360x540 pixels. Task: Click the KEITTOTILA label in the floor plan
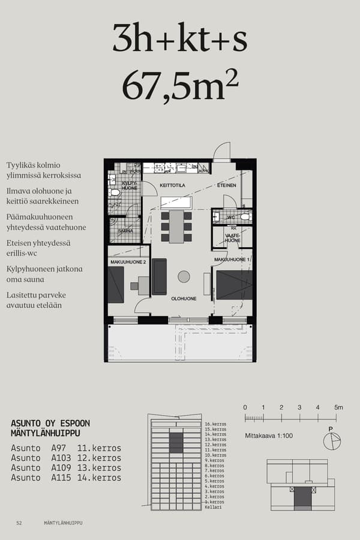click(x=172, y=185)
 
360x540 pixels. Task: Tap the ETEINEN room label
click(x=226, y=185)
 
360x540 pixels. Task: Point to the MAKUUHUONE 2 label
click(x=128, y=262)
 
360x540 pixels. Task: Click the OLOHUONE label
click(x=184, y=298)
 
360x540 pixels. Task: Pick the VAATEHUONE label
click(x=232, y=238)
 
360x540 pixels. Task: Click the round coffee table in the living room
click(x=184, y=277)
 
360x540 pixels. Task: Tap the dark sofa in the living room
click(x=160, y=277)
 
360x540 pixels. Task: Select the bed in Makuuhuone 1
click(x=233, y=284)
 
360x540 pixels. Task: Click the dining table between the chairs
click(x=176, y=226)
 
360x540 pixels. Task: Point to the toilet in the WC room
click(x=244, y=217)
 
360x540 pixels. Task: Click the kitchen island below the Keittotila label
click(x=176, y=202)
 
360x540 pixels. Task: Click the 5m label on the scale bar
click(x=338, y=407)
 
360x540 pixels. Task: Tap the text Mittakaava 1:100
click(x=269, y=436)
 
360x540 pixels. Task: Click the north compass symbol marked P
click(x=331, y=441)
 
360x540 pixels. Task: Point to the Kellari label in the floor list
click(x=213, y=507)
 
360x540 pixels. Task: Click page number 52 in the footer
click(x=19, y=523)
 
